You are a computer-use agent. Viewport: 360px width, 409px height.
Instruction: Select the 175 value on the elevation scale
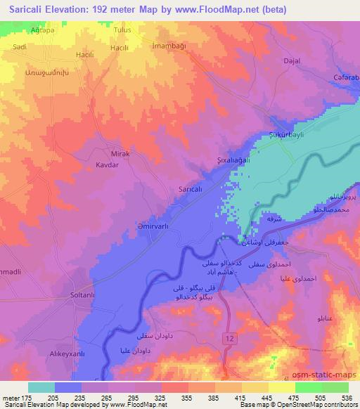click(26, 398)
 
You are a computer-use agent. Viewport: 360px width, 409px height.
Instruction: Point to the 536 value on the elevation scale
click(345, 398)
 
